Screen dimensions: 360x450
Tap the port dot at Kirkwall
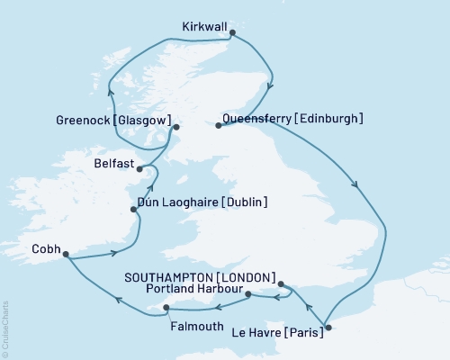point(233,33)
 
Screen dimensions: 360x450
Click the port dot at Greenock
point(176,127)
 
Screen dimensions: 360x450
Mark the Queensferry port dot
point(219,126)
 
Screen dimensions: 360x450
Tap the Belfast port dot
point(139,168)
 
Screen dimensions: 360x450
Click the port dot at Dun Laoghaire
point(135,211)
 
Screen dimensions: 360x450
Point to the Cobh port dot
point(66,255)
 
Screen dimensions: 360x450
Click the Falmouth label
point(194,327)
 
